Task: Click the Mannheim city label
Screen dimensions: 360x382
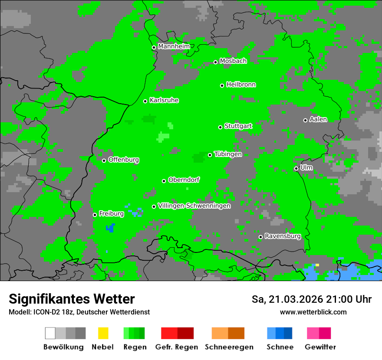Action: (x=174, y=46)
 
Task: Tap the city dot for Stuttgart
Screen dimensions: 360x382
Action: (x=220, y=127)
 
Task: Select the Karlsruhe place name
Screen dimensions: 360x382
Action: (x=164, y=100)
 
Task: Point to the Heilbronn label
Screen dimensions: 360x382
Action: (x=241, y=85)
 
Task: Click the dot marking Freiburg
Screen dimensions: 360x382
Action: (x=95, y=215)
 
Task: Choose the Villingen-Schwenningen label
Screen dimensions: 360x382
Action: (x=194, y=206)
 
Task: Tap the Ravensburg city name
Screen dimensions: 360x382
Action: (x=283, y=236)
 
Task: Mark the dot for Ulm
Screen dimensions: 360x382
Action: (x=296, y=168)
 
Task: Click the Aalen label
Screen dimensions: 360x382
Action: (x=318, y=119)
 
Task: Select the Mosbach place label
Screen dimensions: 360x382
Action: (x=233, y=61)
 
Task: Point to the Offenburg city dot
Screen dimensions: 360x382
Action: (x=104, y=160)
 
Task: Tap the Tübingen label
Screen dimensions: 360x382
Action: (x=228, y=154)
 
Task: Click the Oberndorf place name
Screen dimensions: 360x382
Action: (x=184, y=180)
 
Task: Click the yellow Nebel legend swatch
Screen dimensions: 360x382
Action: (x=103, y=333)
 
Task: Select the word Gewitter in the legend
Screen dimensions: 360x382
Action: (x=320, y=347)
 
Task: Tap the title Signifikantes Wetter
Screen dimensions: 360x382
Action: (x=72, y=299)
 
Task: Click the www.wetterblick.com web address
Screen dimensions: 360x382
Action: (x=313, y=312)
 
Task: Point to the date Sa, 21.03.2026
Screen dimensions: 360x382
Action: (x=286, y=299)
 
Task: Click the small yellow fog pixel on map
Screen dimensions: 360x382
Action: (x=317, y=265)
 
